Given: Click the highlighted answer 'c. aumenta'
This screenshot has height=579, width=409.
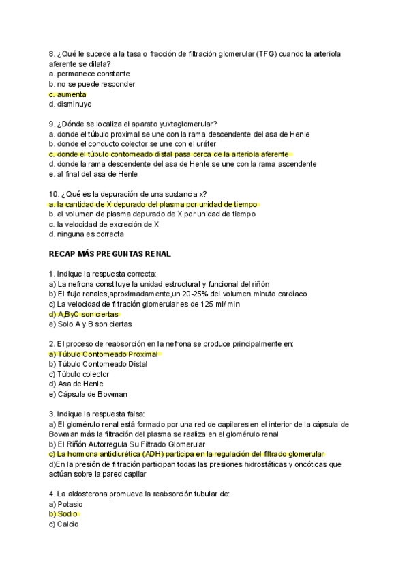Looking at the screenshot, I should (x=67, y=94).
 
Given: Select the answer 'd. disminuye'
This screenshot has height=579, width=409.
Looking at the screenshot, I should (x=70, y=104).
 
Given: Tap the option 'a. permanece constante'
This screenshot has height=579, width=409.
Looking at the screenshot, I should (x=89, y=74).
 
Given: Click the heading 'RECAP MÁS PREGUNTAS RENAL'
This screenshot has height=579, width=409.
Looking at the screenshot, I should (x=110, y=254).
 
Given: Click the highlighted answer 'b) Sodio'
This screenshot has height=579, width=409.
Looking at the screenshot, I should (x=63, y=514).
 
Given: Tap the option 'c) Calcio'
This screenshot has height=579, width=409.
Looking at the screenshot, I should (x=63, y=524).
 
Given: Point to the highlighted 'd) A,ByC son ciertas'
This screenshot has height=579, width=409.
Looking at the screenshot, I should (x=84, y=314).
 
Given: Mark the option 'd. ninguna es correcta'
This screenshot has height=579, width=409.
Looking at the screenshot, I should (x=87, y=234).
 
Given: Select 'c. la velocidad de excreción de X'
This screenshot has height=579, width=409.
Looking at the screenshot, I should (x=104, y=224).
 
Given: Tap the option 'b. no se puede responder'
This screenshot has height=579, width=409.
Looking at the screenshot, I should (x=92, y=84).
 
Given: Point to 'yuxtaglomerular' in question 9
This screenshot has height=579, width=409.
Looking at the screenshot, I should (x=184, y=124).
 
